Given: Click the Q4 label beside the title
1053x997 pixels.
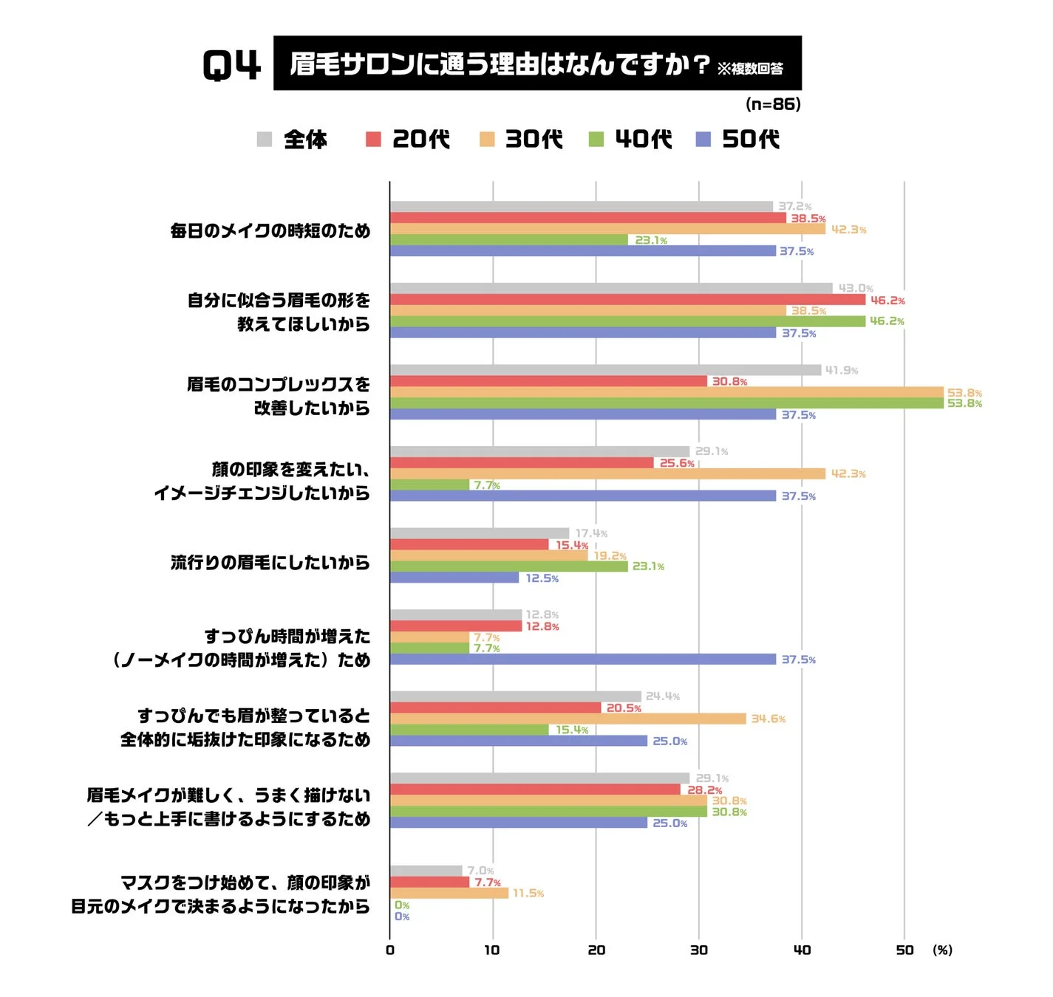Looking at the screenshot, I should click(x=231, y=65).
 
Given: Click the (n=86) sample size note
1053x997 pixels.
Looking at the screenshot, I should click(x=773, y=104).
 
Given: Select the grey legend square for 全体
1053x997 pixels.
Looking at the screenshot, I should click(x=265, y=139).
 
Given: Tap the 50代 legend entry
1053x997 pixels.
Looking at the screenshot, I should click(x=739, y=139).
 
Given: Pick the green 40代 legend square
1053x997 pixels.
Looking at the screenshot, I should click(x=596, y=139).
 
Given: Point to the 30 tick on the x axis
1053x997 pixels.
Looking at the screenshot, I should click(x=698, y=950).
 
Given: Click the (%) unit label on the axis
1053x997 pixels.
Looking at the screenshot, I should click(x=942, y=950).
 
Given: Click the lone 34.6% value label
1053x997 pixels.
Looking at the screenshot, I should click(x=768, y=719).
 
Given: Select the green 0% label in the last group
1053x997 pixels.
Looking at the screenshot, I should click(x=402, y=905).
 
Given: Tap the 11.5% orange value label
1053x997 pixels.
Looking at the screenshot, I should click(x=528, y=893).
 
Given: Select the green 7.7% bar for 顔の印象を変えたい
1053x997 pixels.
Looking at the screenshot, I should click(x=429, y=484).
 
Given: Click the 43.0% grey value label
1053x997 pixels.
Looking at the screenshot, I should click(x=855, y=288).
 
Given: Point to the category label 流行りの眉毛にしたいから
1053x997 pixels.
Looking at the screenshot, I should click(x=270, y=563).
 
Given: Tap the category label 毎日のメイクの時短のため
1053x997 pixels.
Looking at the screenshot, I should click(x=270, y=230).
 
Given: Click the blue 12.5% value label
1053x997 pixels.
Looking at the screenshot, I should click(x=542, y=578).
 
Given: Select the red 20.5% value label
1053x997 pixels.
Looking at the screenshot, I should click(x=623, y=708).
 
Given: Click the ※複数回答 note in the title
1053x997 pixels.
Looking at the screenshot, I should click(x=749, y=69).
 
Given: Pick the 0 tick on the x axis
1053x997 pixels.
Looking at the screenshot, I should click(x=390, y=950).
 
